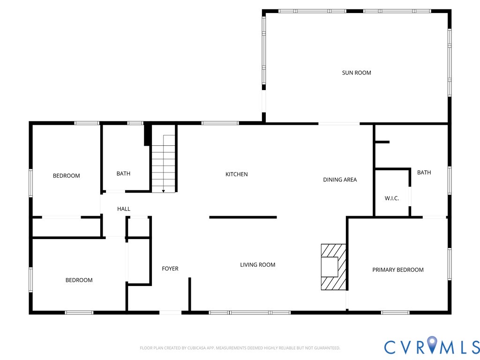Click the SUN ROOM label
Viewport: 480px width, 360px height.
[x=356, y=73]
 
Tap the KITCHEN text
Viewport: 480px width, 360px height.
[x=237, y=174]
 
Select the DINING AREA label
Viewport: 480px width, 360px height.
[x=340, y=180]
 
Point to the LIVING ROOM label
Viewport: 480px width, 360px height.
[x=257, y=265]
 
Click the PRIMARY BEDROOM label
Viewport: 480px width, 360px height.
[x=397, y=270]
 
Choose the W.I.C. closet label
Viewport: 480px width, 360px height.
[x=391, y=198]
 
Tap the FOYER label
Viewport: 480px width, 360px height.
[x=170, y=269]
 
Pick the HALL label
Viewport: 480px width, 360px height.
[x=124, y=209]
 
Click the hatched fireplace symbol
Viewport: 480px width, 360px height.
[x=333, y=267]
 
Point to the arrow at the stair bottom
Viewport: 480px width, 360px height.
[x=163, y=191]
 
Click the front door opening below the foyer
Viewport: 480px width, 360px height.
[x=170, y=312]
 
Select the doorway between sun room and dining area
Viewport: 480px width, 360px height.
[x=338, y=124]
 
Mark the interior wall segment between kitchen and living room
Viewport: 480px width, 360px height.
[x=243, y=217]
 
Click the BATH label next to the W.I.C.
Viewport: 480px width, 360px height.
[x=424, y=172]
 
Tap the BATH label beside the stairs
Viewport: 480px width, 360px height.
[x=123, y=173]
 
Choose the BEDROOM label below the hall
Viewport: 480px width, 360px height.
[x=79, y=280]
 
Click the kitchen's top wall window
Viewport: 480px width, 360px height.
[x=220, y=123]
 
